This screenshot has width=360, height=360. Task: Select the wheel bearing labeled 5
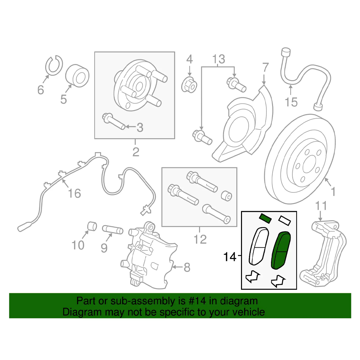pyautogui.click(x=77, y=76)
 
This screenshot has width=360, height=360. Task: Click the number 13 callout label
pyautogui.click(x=219, y=59)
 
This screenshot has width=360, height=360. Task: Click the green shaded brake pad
pyautogui.click(x=281, y=250)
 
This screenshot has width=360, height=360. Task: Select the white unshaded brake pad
pyautogui.click(x=259, y=246)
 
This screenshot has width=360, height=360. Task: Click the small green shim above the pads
pyautogui.click(x=265, y=218)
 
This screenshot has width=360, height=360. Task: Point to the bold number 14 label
pyautogui.click(x=230, y=257)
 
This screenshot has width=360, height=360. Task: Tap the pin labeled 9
pyautogui.click(x=113, y=230)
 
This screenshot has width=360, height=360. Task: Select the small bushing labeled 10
pyautogui.click(x=92, y=226)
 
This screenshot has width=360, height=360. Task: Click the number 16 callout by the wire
pyautogui.click(x=74, y=193)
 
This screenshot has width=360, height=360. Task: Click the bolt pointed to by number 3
pyautogui.click(x=114, y=121)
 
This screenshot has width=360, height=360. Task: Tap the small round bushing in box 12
pyautogui.click(x=227, y=196)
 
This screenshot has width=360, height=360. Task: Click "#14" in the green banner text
pyautogui.click(x=197, y=301)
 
